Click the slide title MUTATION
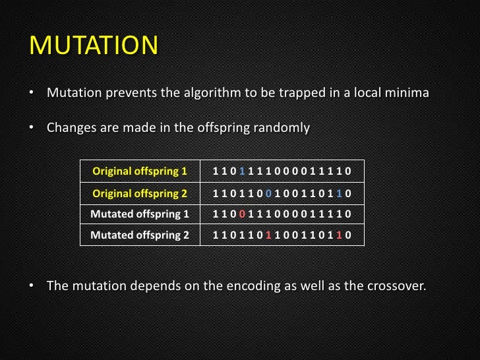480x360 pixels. pos(94,46)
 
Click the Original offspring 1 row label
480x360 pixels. pos(140,172)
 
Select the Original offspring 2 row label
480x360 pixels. pos(140,193)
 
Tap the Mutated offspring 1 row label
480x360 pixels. pos(140,214)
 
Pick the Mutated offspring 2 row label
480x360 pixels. pos(140,234)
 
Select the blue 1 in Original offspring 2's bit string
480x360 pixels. pos(338,193)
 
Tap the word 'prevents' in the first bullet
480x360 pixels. pos(127,93)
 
